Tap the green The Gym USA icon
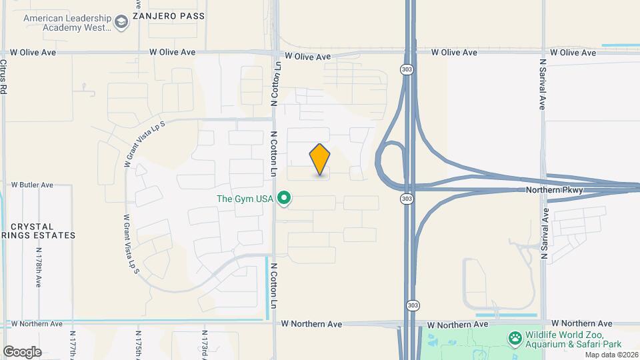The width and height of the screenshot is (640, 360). click(x=285, y=199)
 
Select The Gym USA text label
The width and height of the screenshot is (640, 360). click(x=245, y=199)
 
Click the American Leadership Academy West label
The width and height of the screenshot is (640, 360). click(x=67, y=23)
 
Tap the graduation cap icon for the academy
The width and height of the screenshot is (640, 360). click(x=121, y=23)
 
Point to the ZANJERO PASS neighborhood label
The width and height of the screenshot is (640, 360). click(x=167, y=15)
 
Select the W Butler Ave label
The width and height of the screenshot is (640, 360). click(x=32, y=185)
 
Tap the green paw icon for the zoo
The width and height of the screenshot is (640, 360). click(x=515, y=339)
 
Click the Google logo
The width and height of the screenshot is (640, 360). click(x=22, y=351)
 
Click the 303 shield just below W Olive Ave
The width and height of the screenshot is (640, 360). click(x=405, y=69)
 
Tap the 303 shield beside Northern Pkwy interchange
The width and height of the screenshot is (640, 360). click(x=405, y=199)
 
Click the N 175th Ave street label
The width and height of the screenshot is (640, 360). click(x=138, y=343)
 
